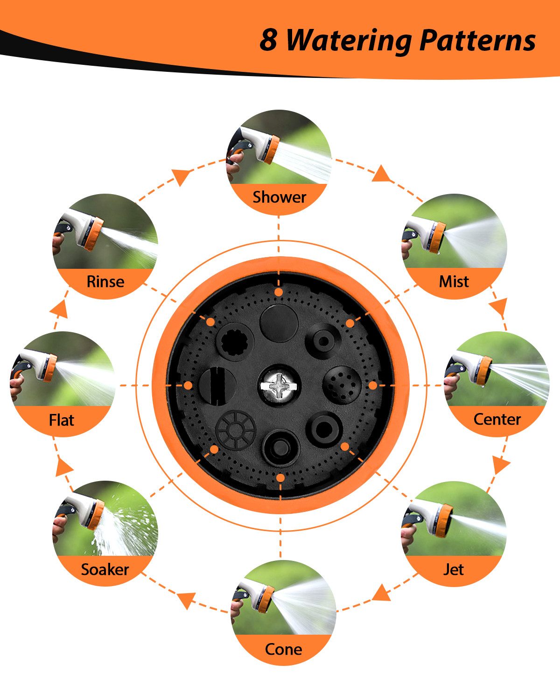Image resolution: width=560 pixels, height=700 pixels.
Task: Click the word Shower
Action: click(x=279, y=197)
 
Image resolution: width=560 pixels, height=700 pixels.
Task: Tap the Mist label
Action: click(x=454, y=282)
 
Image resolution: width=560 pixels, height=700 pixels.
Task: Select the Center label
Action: click(x=497, y=419)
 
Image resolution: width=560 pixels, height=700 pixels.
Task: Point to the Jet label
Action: click(x=453, y=569)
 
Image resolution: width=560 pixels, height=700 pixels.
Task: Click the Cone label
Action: click(x=283, y=649)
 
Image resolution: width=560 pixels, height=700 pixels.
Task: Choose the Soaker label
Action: click(x=105, y=569)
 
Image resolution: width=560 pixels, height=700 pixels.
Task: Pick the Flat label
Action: click(x=62, y=420)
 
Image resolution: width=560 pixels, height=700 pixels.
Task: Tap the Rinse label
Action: click(x=105, y=282)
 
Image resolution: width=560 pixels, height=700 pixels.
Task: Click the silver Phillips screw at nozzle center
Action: click(x=279, y=385)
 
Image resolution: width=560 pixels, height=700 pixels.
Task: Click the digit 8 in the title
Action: click(x=268, y=40)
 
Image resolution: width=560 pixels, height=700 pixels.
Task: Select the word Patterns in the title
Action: click(x=478, y=40)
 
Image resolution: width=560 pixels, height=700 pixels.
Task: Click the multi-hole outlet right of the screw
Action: click(x=342, y=385)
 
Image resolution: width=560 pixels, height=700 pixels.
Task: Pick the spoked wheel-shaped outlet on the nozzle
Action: click(x=236, y=430)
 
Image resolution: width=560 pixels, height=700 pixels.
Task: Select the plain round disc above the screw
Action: click(x=279, y=323)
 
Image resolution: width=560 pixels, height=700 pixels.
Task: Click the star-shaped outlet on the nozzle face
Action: click(x=235, y=341)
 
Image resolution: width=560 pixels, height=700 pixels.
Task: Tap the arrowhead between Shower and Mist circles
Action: click(x=381, y=174)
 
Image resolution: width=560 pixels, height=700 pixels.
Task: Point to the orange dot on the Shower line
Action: click(x=278, y=292)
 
